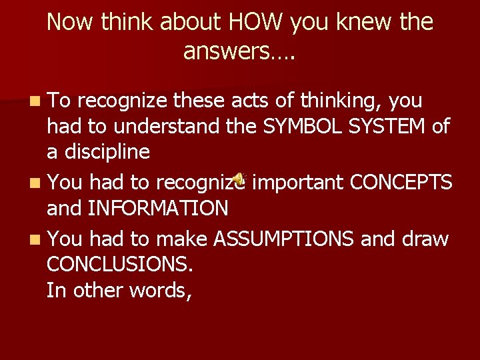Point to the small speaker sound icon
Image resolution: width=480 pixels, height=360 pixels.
239,179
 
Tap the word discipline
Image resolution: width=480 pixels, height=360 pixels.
107,151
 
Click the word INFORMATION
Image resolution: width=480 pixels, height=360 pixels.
158,209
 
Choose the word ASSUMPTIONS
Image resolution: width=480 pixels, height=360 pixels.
283,238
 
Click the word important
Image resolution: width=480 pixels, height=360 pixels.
297,182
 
